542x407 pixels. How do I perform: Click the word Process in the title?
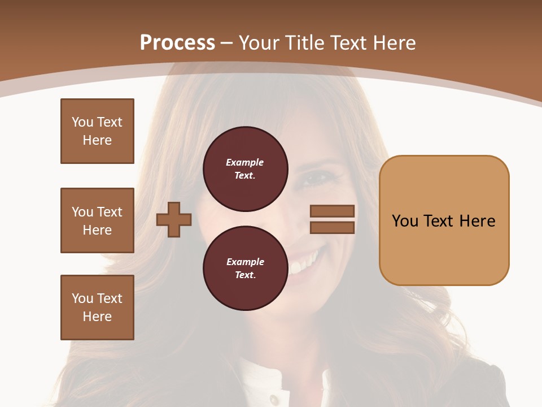tap(177, 43)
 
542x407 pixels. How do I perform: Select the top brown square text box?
tap(97, 131)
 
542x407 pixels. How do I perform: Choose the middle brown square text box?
tap(97, 220)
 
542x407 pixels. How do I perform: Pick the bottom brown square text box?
tap(97, 308)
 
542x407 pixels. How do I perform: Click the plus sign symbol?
tap(174, 219)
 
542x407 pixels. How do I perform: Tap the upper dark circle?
tap(245, 169)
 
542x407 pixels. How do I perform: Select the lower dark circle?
tap(245, 268)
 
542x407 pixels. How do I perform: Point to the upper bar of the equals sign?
tap(332, 211)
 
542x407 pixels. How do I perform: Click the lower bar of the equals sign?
tap(332, 227)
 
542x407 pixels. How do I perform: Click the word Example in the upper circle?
tap(245, 162)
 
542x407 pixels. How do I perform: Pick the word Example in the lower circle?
tap(245, 262)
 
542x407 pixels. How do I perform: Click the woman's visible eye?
tap(317, 179)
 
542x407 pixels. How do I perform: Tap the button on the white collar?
tap(274, 399)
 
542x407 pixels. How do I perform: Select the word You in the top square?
tap(82, 122)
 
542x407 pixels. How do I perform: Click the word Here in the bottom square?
tap(97, 317)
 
